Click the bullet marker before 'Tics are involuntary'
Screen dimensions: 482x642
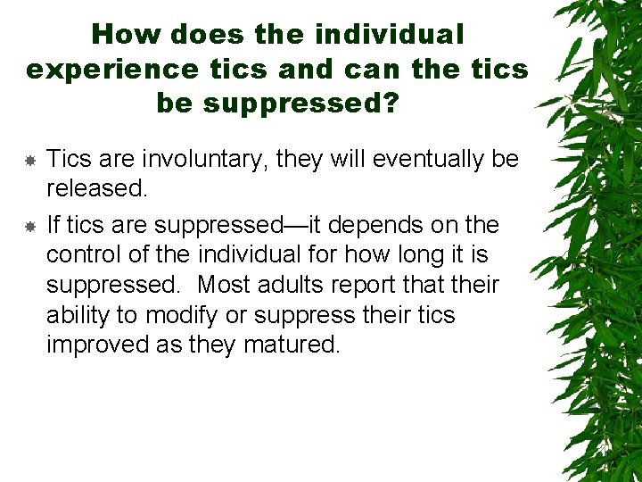[29, 161]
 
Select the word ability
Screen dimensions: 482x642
[78, 316]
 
